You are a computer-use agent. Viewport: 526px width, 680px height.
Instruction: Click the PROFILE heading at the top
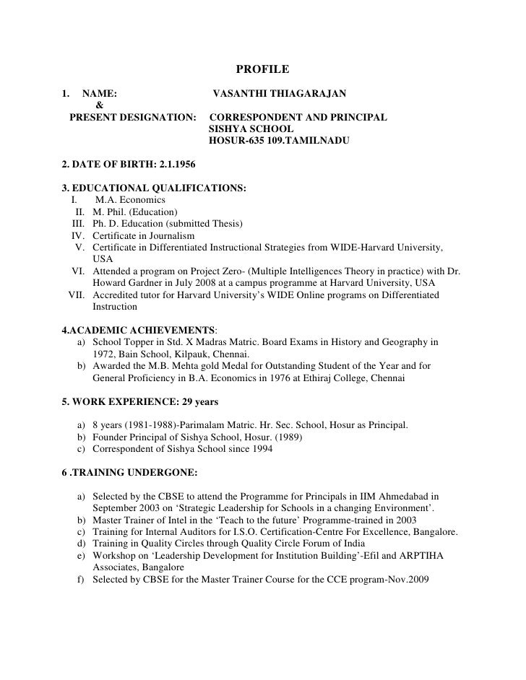pos(262,69)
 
